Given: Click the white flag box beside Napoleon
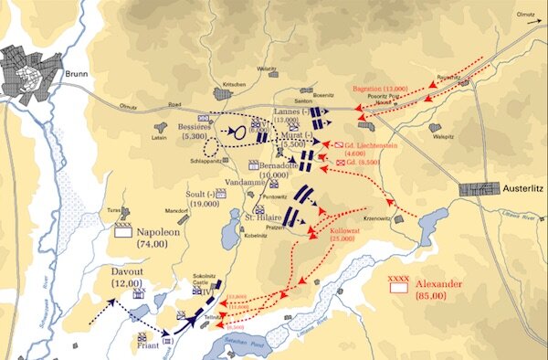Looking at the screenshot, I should [123, 233].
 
